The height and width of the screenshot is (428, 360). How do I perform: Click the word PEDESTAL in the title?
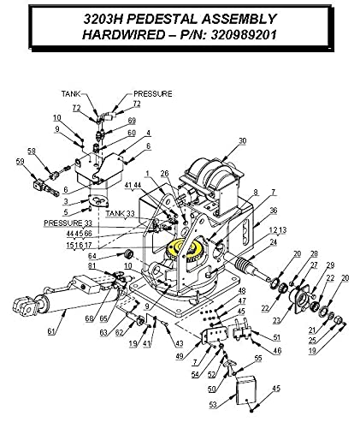(162, 18)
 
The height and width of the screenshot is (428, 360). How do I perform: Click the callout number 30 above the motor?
(242, 141)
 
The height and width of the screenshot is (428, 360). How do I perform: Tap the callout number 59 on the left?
(19, 161)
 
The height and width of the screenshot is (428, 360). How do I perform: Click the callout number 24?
(273, 242)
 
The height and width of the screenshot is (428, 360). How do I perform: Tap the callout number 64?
(103, 254)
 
